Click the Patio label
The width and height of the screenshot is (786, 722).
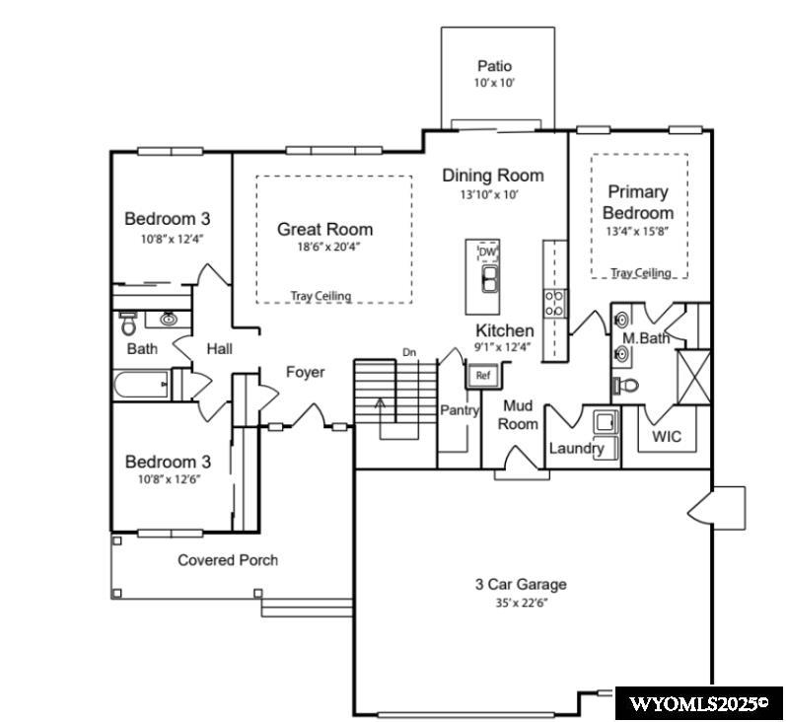click(x=494, y=66)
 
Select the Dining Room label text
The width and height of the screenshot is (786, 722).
click(x=492, y=176)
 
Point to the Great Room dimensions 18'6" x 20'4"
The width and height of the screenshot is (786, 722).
click(x=324, y=247)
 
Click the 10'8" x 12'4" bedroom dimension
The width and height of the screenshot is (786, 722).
click(x=167, y=238)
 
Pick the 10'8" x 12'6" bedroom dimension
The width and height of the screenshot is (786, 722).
click(x=167, y=479)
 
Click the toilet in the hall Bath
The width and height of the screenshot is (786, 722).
click(x=128, y=323)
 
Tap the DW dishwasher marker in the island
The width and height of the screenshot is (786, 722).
click(x=486, y=252)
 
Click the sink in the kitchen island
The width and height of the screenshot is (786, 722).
click(x=489, y=279)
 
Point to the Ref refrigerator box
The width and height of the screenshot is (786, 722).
click(x=482, y=375)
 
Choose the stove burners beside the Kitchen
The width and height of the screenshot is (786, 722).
click(x=554, y=300)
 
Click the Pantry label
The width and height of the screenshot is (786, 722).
click(x=459, y=410)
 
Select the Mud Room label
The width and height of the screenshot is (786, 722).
click(x=519, y=414)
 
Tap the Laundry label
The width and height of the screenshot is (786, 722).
click(x=576, y=449)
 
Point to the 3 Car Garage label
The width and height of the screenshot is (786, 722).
click(x=521, y=584)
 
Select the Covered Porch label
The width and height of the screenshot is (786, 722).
click(x=228, y=560)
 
